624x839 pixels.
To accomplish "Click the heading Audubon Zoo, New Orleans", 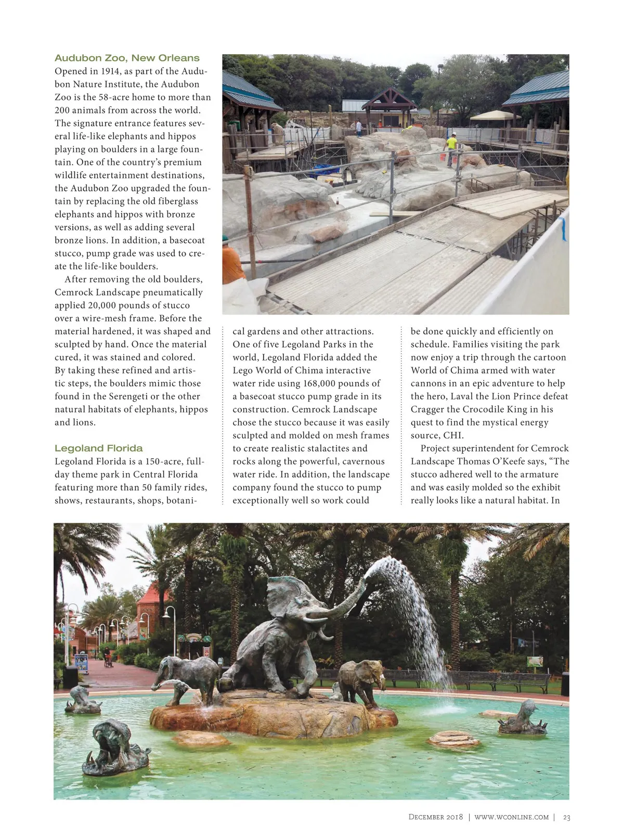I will pyautogui.click(x=127, y=58).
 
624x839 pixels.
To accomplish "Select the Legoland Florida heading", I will pyautogui.click(x=98, y=448).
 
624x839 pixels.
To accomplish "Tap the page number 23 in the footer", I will pyautogui.click(x=566, y=817).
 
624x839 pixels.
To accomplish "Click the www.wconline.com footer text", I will pyautogui.click(x=511, y=817).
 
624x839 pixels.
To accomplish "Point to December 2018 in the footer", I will pyautogui.click(x=435, y=817).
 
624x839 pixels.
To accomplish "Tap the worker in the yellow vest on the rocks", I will pyautogui.click(x=451, y=145).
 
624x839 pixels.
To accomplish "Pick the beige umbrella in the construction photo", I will pyautogui.click(x=495, y=115).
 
